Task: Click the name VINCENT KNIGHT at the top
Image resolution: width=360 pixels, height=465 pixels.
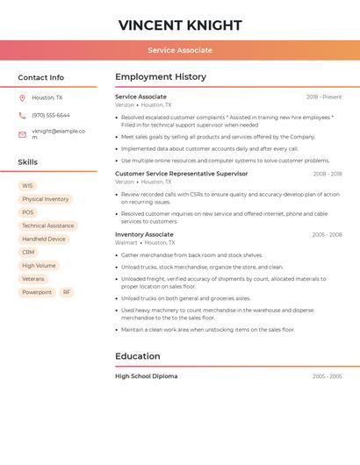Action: (180, 25)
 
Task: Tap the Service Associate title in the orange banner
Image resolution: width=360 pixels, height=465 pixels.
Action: (180, 50)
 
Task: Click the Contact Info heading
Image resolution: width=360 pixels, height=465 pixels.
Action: (40, 77)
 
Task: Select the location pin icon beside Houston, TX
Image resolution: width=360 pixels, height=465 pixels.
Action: (22, 98)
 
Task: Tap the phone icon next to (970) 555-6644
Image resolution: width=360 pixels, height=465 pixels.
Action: (22, 115)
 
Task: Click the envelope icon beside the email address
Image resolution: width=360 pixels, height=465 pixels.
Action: (22, 134)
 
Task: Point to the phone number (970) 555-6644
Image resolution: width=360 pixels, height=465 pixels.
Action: (51, 115)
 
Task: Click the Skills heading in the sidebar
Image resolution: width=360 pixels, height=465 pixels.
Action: (27, 162)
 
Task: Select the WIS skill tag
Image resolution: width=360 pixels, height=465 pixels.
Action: (27, 186)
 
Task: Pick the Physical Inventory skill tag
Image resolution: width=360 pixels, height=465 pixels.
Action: (45, 199)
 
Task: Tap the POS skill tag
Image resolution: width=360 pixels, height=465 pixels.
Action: (28, 212)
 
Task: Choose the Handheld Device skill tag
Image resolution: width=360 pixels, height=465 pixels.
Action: (44, 239)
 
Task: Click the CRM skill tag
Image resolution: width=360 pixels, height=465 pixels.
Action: (28, 252)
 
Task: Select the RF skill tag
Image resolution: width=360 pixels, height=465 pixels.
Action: (67, 292)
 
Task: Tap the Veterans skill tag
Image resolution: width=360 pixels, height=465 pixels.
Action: (33, 279)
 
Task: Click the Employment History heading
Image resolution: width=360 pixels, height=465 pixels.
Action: (161, 77)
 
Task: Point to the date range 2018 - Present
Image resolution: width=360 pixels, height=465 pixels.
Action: (324, 97)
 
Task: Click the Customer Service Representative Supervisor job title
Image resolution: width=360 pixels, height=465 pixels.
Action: (181, 174)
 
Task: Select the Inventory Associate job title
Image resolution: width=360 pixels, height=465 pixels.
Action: (144, 234)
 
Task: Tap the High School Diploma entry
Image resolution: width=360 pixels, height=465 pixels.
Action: (146, 376)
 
